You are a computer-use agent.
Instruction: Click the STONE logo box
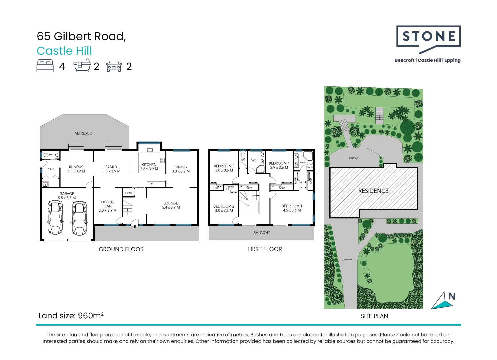428,36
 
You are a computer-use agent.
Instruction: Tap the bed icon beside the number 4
45,66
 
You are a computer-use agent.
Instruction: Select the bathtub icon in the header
82,65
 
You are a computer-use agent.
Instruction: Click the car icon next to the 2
114,66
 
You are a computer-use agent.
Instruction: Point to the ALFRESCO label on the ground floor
83,133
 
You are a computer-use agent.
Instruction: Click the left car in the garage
55,218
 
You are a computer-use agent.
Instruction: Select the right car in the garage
79,218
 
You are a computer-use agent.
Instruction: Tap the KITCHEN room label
149,165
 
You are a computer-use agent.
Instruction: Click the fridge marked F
151,185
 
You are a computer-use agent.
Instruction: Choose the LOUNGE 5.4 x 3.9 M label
171,205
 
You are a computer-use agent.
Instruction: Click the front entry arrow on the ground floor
135,227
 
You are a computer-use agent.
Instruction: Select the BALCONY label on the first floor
262,233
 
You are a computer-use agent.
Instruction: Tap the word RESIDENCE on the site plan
373,191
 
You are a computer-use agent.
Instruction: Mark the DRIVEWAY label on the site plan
347,259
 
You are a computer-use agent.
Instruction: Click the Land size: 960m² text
71,316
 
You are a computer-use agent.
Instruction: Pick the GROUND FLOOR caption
121,249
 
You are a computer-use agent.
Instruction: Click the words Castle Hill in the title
64,51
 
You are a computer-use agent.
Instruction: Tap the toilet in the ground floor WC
45,155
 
